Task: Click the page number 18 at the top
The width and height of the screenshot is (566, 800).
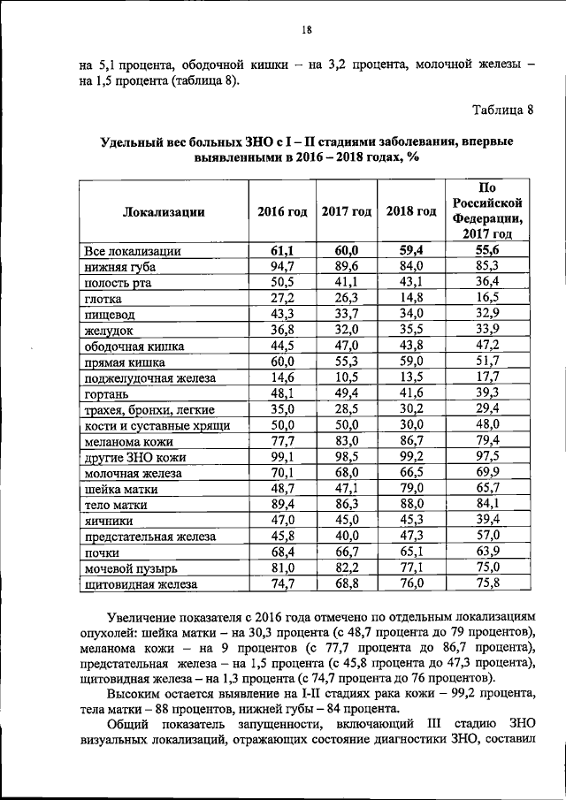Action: pos(307,29)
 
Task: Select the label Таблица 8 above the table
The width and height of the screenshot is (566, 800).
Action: pos(503,110)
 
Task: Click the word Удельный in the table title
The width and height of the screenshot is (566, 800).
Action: pos(131,141)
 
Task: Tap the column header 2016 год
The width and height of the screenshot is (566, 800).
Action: pos(282,212)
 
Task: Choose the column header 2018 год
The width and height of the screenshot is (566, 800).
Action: pos(411,212)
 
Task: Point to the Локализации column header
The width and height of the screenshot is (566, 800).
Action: pos(164,212)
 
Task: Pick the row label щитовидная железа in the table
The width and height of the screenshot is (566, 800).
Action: pos(140,584)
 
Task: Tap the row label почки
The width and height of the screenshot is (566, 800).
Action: pos(103,552)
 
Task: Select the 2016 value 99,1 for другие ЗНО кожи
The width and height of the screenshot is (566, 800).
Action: pos(282,456)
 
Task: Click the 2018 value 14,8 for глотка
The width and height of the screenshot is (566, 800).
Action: pos(411,298)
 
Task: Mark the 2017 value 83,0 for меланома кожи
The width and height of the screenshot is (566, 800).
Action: pos(347,440)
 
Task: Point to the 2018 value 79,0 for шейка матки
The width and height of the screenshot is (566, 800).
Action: pos(411,488)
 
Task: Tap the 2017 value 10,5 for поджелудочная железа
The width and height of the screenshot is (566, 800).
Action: pos(347,377)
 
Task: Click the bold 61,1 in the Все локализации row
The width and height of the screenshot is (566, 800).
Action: pos(282,250)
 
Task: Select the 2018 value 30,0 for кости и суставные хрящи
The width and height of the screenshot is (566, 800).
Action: pos(411,424)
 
